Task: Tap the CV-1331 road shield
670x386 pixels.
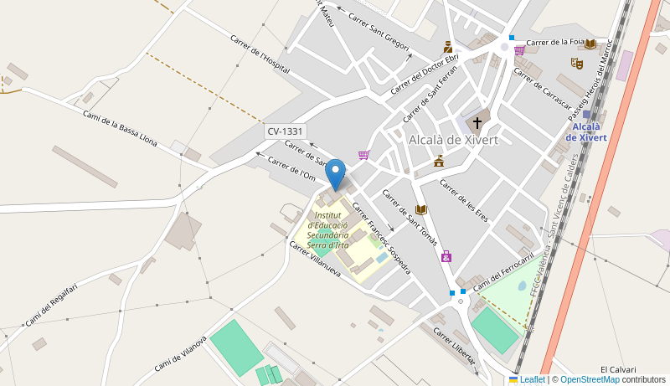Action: pos(286,131)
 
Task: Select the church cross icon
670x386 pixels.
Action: pos(477,122)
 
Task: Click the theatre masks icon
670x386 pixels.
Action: pos(576,63)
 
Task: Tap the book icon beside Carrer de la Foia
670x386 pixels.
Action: pos(590,44)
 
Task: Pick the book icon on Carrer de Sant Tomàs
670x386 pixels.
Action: pos(421,209)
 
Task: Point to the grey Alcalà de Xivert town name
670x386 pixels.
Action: pos(452,140)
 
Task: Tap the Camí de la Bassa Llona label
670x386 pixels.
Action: pos(120,128)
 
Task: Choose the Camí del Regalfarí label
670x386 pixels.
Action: pos(51,306)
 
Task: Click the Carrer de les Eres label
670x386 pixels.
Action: pos(464,200)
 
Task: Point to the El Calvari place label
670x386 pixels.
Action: pos(618,369)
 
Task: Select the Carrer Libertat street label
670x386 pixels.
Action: pos(454,345)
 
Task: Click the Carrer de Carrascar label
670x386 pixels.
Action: pos(542,90)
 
